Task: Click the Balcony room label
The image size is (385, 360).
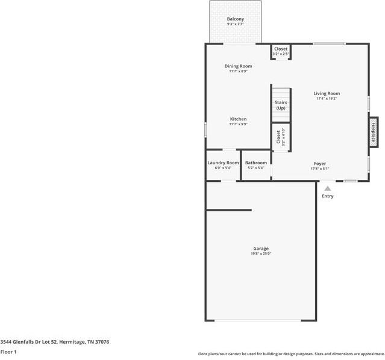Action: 236,19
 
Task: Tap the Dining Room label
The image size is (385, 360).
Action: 238,66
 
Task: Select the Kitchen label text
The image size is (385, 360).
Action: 238,119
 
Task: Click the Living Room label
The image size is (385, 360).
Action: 327,93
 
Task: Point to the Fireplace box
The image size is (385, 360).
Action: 373,131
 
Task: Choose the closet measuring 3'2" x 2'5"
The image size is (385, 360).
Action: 281,51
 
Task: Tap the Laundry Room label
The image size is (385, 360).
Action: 223,163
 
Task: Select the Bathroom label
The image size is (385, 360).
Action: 256,163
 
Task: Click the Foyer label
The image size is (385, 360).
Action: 320,164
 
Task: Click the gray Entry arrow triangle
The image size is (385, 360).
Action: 328,188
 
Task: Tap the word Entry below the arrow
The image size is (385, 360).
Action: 328,196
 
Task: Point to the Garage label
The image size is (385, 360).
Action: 261,249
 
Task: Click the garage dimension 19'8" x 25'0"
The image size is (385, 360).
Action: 261,254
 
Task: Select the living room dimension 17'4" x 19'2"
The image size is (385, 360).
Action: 327,99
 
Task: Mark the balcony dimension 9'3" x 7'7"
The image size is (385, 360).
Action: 236,25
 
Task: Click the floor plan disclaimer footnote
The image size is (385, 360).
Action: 290,354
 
